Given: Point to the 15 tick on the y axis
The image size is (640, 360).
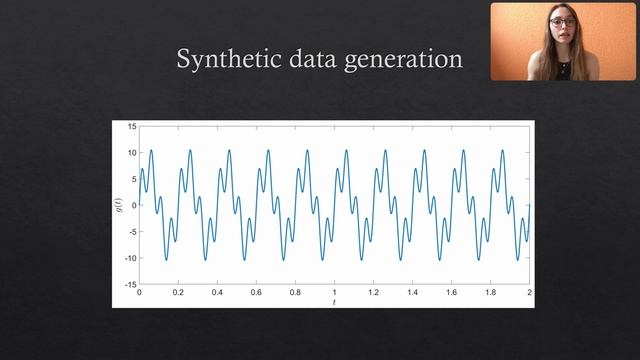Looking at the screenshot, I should pyautogui.click(x=132, y=127).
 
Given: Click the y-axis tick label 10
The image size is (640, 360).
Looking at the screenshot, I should pyautogui.click(x=132, y=153).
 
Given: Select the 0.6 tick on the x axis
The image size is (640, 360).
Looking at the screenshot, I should pyautogui.click(x=256, y=292).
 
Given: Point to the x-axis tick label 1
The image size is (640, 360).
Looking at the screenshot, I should pyautogui.click(x=334, y=292).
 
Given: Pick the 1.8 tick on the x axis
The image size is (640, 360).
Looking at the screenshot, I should pyautogui.click(x=490, y=292).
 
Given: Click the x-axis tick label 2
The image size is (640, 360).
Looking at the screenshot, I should pyautogui.click(x=529, y=292).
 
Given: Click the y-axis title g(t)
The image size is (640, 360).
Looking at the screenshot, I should pyautogui.click(x=119, y=205).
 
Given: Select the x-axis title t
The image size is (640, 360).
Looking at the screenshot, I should pyautogui.click(x=334, y=301).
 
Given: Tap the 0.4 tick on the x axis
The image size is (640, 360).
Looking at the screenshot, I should pyautogui.click(x=217, y=292).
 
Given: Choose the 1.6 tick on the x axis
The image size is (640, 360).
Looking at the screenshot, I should pyautogui.click(x=451, y=292).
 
